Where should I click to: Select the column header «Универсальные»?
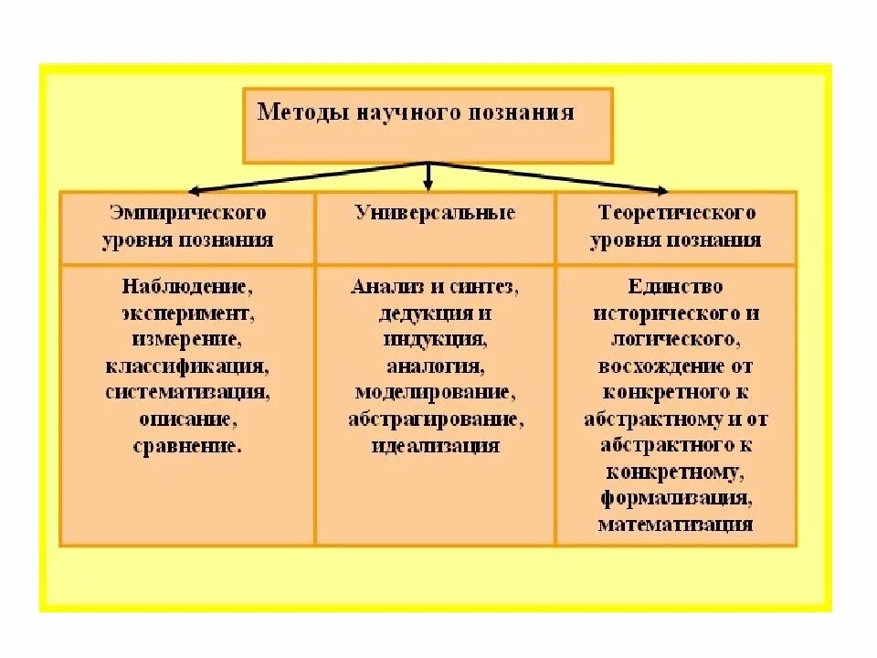point(435,213)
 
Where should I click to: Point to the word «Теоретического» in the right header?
point(677,213)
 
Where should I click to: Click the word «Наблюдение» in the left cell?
point(185,286)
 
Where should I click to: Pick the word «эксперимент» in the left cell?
point(185,313)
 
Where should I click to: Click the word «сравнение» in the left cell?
point(186,447)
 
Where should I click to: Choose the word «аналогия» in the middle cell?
point(434,366)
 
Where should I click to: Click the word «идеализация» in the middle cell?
point(435,446)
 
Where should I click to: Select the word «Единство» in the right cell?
point(675,286)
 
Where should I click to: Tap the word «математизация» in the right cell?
point(675,525)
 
